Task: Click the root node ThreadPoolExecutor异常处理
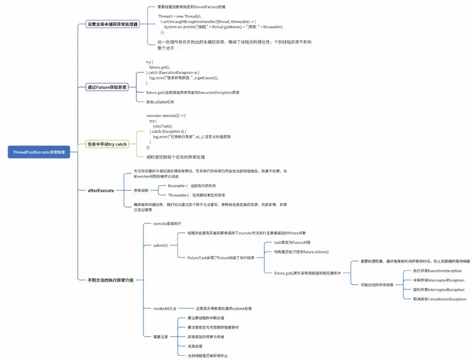pyautogui.click(x=38, y=152)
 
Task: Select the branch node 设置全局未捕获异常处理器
pyautogui.click(x=113, y=24)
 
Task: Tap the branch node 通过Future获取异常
pyautogui.click(x=107, y=87)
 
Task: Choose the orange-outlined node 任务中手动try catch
pyautogui.click(x=107, y=144)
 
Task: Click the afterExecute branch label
pyautogui.click(x=101, y=190)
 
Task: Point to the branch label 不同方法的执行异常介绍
pyautogui.click(x=111, y=280)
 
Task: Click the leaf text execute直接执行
pyautogui.click(x=167, y=224)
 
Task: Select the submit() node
pyautogui.click(x=160, y=246)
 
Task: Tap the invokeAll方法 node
pyautogui.click(x=165, y=308)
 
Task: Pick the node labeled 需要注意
pyautogui.click(x=160, y=337)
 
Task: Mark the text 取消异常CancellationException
pyautogui.click(x=439, y=299)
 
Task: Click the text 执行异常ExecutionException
pyautogui.click(x=437, y=271)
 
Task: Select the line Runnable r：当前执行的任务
pyautogui.click(x=192, y=186)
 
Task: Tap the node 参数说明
pyautogui.click(x=141, y=190)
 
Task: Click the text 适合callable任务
pyautogui.click(x=160, y=102)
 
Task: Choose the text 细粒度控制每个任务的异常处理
pyautogui.click(x=175, y=157)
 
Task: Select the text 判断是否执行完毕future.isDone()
pyautogui.click(x=301, y=252)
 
